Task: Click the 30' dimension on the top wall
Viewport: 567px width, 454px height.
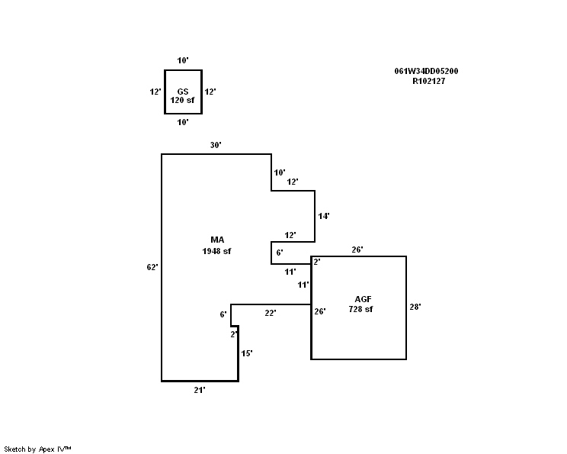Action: (216, 145)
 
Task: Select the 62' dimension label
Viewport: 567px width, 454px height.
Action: (152, 267)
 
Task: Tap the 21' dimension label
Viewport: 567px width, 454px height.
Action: (200, 389)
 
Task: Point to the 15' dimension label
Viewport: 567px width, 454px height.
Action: (246, 353)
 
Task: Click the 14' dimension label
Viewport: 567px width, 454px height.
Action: (324, 216)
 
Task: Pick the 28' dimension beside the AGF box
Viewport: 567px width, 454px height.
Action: (415, 307)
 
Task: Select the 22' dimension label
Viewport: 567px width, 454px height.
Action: (270, 312)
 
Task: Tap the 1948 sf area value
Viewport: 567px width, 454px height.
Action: (216, 251)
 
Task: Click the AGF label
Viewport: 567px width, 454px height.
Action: (363, 298)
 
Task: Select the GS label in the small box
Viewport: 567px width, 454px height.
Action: (183, 91)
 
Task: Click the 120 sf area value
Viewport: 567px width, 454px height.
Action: (183, 100)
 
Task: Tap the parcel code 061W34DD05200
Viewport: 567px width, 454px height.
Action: (426, 71)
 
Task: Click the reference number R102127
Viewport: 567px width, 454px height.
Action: (428, 80)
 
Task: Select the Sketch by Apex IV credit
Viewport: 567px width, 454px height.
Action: (37, 449)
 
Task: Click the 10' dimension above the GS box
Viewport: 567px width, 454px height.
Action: (183, 60)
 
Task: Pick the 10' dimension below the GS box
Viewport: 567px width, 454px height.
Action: (183, 121)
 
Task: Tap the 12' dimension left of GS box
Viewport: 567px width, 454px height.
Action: (155, 92)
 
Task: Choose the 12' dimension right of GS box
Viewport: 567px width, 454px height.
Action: (210, 92)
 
